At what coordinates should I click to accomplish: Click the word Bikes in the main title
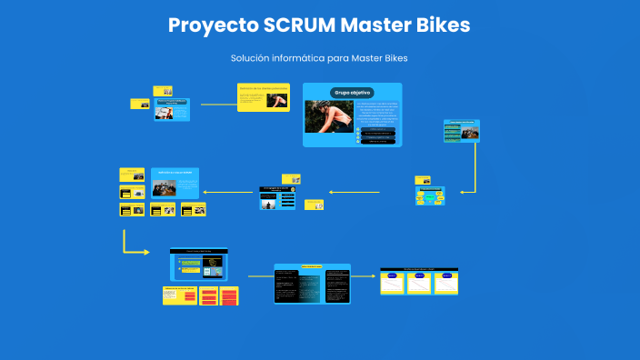[440, 25]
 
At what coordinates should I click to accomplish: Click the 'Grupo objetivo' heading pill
[352, 93]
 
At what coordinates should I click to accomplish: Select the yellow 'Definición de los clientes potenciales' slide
[264, 97]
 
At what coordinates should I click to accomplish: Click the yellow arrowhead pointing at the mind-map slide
[465, 191]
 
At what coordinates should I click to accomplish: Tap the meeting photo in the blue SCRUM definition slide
[165, 187]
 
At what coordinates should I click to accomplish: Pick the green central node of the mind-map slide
[431, 195]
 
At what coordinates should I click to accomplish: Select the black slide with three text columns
[312, 284]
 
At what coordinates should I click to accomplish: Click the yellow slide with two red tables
[201, 295]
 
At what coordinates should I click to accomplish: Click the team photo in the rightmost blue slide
[470, 133]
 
